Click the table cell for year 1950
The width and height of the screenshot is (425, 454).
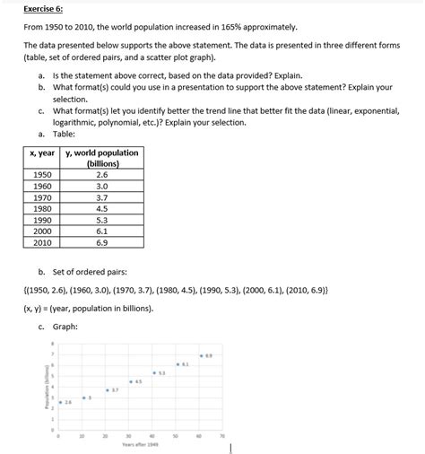point(41,176)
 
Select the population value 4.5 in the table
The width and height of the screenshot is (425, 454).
point(100,208)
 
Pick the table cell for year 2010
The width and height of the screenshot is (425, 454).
point(41,241)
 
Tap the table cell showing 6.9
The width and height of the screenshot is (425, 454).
point(100,241)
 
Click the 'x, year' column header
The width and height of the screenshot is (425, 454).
point(41,153)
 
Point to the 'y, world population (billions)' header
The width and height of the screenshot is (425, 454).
point(102,159)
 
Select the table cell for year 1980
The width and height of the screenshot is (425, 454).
point(41,208)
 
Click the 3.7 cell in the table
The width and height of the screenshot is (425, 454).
point(100,197)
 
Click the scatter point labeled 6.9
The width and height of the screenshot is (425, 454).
point(201,356)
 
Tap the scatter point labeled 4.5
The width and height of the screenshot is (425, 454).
point(131,381)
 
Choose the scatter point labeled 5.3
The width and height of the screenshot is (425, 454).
point(154,372)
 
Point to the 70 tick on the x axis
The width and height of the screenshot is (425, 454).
point(222,435)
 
